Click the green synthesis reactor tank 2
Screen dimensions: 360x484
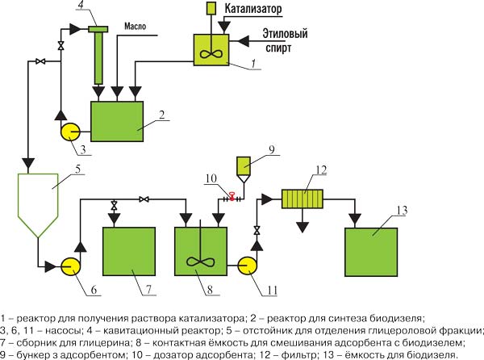[117, 122]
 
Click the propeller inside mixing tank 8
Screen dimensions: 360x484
[198, 262]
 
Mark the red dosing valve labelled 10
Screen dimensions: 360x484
[232, 196]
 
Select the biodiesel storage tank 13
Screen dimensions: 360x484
[370, 253]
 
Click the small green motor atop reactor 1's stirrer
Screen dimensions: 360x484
[210, 8]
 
